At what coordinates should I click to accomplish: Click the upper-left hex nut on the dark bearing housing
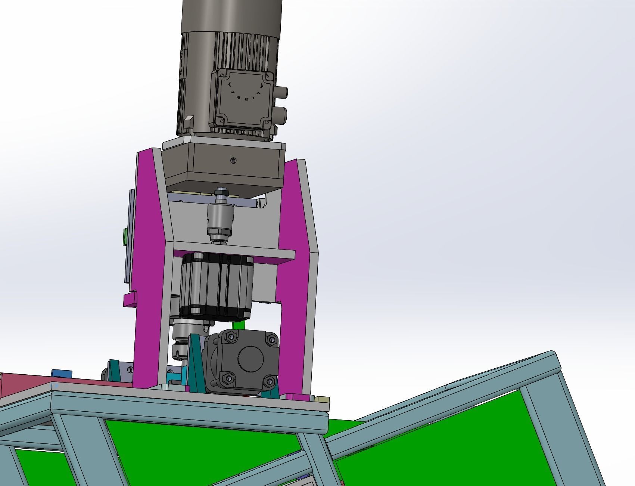pyautogui.click(x=228, y=338)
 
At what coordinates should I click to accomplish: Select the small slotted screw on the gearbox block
pyautogui.click(x=233, y=161)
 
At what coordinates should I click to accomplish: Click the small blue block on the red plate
pyautogui.click(x=62, y=374)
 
